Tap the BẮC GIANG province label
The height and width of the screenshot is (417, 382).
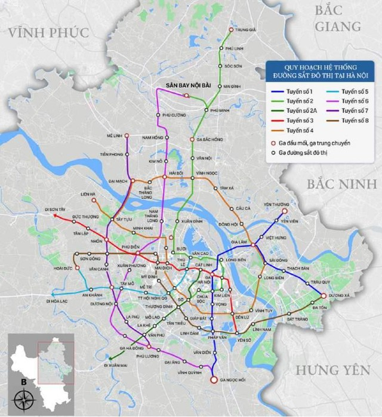point(337,18)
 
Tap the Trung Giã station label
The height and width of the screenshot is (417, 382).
point(245,29)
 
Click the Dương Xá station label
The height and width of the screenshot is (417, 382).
point(338,295)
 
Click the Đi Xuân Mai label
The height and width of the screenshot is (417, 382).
point(113,363)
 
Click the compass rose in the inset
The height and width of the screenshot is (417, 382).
point(23,399)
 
